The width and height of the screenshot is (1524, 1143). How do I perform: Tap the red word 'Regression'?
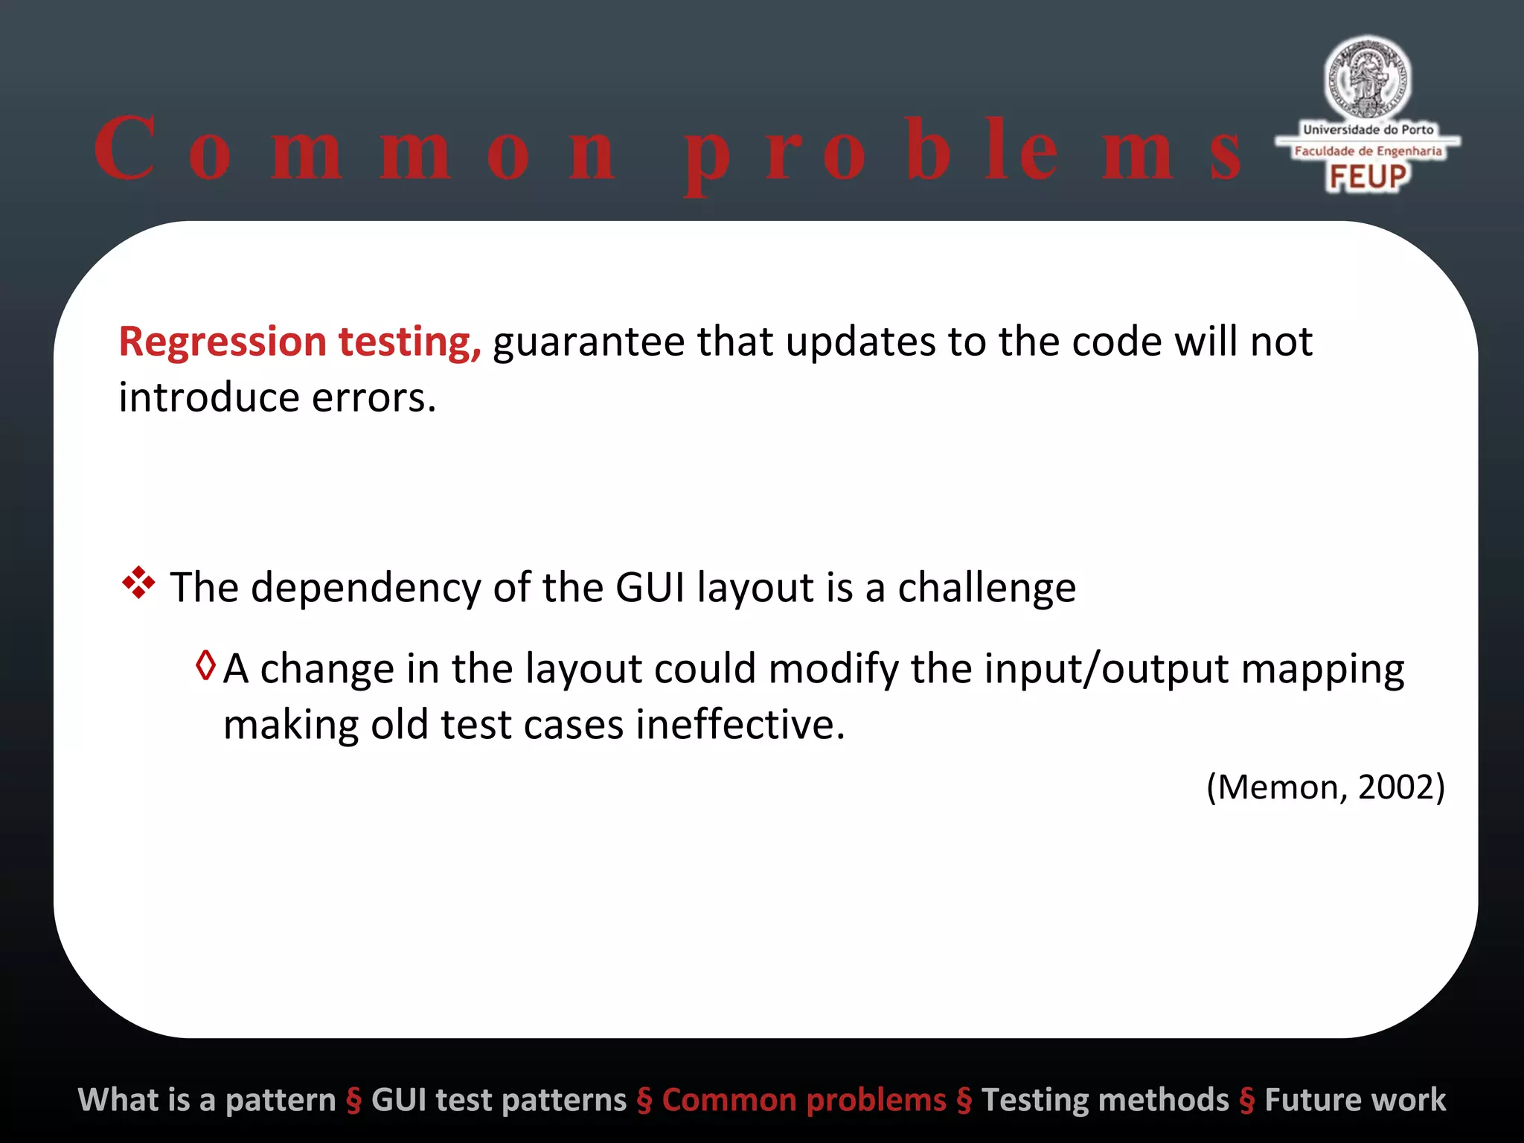222,342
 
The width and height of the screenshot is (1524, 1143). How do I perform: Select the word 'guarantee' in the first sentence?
588,342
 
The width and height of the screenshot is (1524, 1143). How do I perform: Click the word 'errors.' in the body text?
374,398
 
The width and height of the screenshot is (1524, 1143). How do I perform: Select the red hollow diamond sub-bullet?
205,665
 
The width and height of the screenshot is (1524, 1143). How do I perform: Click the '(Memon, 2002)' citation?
1325,787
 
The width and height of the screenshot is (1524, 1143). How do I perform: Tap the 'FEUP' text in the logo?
1368,177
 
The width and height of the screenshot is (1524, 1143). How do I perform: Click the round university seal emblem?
1368,78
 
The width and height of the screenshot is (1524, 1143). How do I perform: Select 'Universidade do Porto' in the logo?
1368,129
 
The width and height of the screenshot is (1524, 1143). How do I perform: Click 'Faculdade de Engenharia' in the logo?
1368,151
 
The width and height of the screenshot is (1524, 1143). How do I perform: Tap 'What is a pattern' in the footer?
207,1100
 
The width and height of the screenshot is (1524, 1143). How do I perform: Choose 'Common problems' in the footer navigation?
804,1100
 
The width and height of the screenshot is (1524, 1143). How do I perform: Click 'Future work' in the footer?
1355,1100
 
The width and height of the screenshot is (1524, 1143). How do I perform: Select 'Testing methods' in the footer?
1105,1100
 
